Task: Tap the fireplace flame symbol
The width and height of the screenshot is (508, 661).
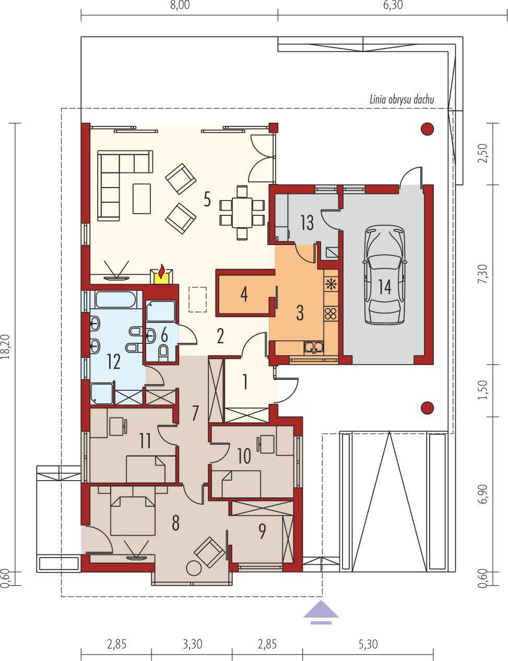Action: [162, 272]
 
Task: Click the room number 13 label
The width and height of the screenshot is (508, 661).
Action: [307, 223]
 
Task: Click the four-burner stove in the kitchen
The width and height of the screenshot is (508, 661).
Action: [330, 314]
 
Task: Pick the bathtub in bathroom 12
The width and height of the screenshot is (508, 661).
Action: [115, 300]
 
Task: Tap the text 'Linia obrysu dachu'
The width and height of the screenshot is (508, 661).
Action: [401, 99]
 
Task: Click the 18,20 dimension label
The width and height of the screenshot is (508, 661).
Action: [6, 346]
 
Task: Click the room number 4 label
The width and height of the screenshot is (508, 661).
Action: [244, 294]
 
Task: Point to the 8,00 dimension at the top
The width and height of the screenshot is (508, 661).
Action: [180, 6]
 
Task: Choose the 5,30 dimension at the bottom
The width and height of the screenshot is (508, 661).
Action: [368, 644]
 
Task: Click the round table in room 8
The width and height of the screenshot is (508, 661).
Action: [194, 568]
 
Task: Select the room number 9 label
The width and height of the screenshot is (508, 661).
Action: [262, 531]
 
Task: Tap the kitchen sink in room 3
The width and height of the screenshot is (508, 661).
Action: [314, 346]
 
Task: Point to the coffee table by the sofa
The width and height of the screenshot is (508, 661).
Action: [141, 199]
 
